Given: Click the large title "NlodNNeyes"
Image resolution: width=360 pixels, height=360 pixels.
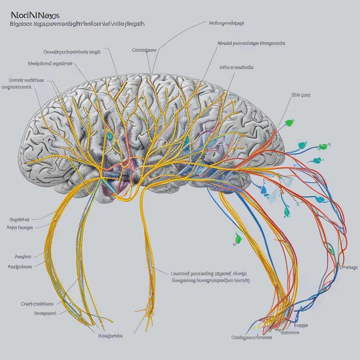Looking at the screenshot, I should pos(29,15).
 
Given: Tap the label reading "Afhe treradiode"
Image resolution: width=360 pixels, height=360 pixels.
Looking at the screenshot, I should pos(236,67).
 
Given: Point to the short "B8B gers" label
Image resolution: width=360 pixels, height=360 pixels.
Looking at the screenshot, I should pos(301,95).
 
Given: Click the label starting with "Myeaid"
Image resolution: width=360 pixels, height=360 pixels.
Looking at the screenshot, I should pos(251,44).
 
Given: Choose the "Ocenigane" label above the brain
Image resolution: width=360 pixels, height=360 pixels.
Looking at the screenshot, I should pos(144,50).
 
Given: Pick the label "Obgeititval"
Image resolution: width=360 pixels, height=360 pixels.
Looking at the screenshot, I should pos(19,219).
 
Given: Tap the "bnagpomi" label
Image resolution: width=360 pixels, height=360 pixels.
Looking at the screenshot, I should pos(45,313).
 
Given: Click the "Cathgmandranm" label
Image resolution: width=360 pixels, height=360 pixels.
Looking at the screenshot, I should pos(252,337).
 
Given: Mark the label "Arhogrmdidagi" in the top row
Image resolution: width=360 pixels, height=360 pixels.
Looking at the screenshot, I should pos(226,22).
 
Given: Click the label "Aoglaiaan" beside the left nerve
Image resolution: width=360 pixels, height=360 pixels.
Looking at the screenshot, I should pos(20,266).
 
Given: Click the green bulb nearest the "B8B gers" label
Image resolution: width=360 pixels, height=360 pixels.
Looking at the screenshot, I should pos(291,123).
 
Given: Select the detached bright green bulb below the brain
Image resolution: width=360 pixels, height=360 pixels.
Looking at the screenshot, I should pos(238,239).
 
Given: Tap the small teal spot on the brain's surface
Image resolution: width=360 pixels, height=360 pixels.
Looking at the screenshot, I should pos(110,135).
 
